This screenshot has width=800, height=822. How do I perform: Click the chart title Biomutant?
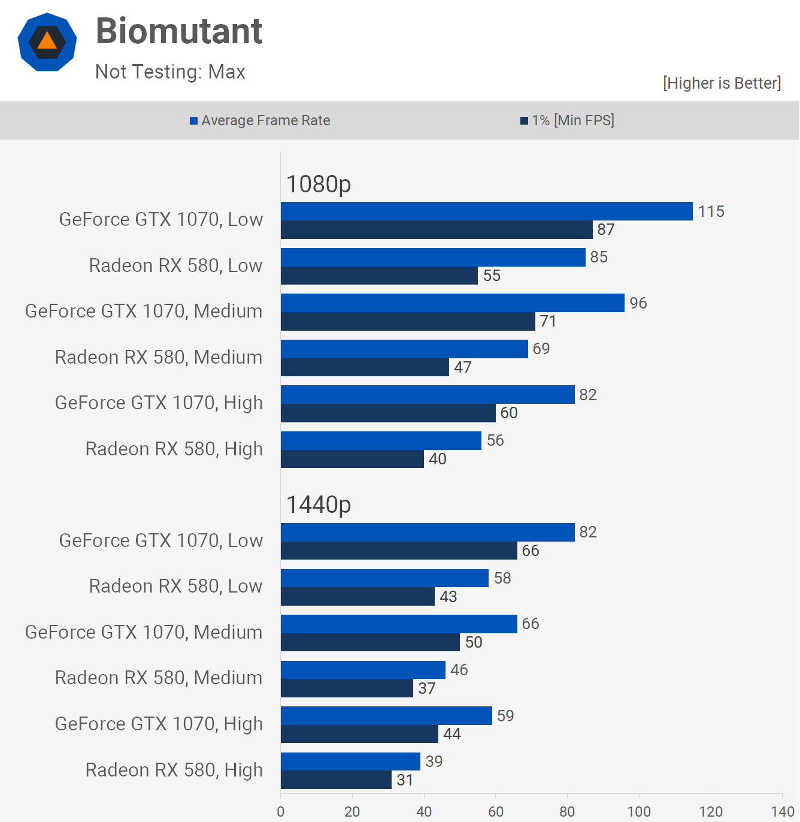[x=179, y=31]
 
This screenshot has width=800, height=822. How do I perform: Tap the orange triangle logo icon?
[x=47, y=42]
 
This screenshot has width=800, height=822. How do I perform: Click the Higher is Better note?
[x=722, y=83]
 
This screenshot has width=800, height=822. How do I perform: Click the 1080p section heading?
[x=319, y=184]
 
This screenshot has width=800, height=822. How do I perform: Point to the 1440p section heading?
[x=319, y=504]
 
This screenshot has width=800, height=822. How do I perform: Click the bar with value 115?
[x=486, y=211]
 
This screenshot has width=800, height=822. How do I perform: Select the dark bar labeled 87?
[x=436, y=230]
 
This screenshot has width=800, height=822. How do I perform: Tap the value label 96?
[x=638, y=303]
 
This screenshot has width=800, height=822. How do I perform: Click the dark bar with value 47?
[x=365, y=367]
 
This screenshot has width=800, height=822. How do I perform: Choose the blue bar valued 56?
[x=381, y=440]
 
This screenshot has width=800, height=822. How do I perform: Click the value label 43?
[x=448, y=597]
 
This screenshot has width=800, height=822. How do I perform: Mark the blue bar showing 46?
[x=363, y=670]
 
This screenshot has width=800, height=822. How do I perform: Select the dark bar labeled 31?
[x=336, y=779]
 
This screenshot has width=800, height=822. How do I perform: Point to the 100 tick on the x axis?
[x=639, y=811]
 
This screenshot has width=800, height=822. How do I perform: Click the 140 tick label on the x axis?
[x=782, y=811]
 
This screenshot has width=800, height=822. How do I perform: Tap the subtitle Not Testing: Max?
[x=170, y=72]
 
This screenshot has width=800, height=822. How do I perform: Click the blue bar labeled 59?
[x=386, y=715]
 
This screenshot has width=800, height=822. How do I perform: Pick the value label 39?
[x=434, y=761]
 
